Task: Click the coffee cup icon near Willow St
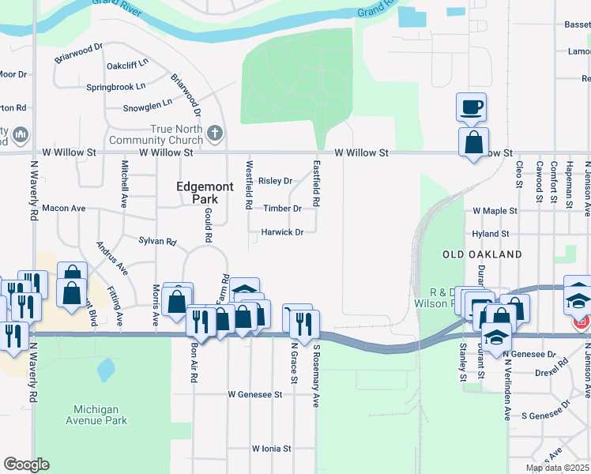pyautogui.click(x=472, y=107)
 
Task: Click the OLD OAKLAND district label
pyautogui.click(x=482, y=254)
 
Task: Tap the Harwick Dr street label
pyautogui.click(x=283, y=232)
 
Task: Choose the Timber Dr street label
pyautogui.click(x=282, y=209)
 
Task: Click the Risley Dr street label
pyautogui.click(x=276, y=181)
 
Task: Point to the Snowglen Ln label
pyautogui.click(x=147, y=104)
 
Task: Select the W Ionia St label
pyautogui.click(x=272, y=448)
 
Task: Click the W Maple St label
pyautogui.click(x=495, y=211)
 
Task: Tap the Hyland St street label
pyautogui.click(x=491, y=234)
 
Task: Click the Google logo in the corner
pyautogui.click(x=26, y=465)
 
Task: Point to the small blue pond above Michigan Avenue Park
pyautogui.click(x=105, y=369)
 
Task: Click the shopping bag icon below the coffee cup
pyautogui.click(x=473, y=143)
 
